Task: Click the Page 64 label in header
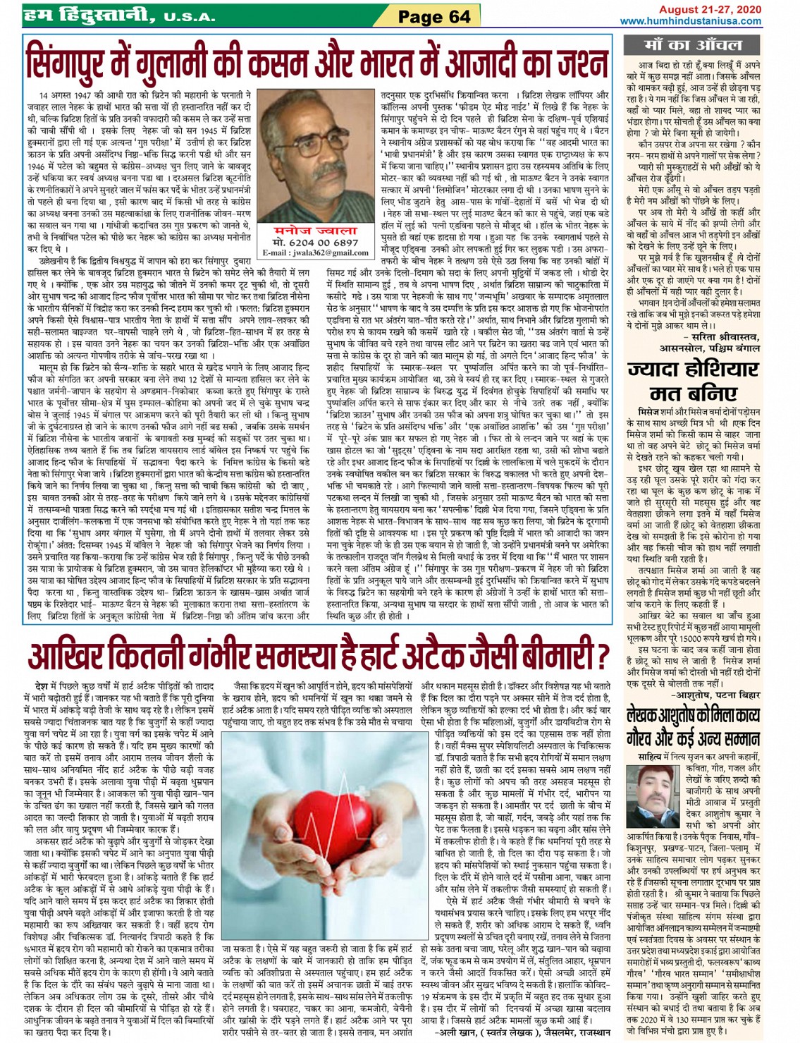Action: [433, 16]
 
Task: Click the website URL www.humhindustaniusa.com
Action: [691, 21]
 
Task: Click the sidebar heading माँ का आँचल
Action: [692, 45]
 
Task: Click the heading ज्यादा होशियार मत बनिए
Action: [693, 381]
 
